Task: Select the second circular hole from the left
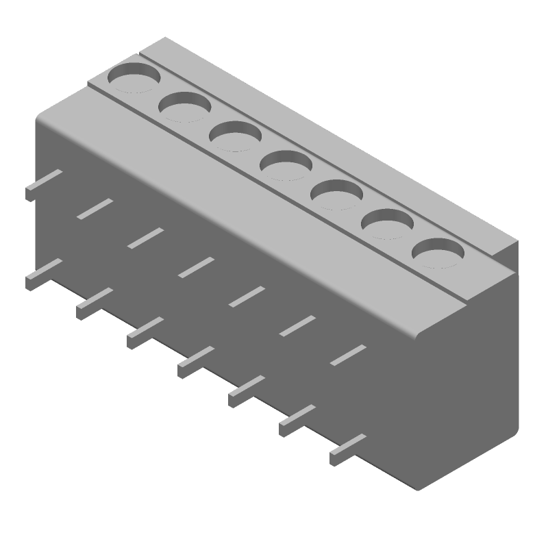[185, 107]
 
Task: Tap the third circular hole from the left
[236, 136]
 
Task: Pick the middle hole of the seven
[286, 165]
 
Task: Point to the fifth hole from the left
[337, 195]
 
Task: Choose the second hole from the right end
[388, 223]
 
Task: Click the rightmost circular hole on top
[438, 253]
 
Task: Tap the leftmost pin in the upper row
[44, 185]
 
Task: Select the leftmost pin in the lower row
[44, 274]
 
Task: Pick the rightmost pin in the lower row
[348, 449]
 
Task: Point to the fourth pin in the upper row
[196, 267]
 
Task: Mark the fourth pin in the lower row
[196, 362]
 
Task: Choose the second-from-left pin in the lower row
[95, 303]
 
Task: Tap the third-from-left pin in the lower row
[145, 333]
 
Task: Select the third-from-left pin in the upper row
[145, 237]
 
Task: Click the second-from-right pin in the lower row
[297, 420]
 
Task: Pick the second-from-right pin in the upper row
[297, 325]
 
